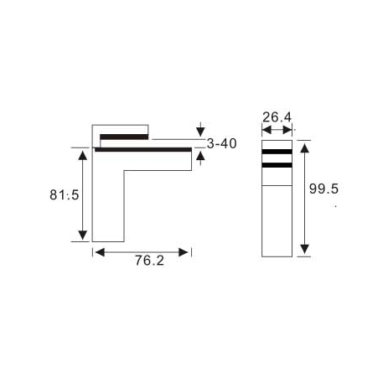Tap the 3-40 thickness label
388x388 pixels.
pyautogui.click(x=221, y=144)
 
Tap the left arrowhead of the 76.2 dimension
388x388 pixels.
pyautogui.click(x=98, y=251)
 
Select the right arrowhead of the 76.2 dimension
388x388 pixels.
pyautogui.click(x=187, y=251)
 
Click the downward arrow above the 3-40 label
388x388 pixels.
pyautogui.click(x=199, y=130)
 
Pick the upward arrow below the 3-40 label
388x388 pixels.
pyautogui.click(x=199, y=155)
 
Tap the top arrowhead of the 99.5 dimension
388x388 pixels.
pyautogui.click(x=303, y=147)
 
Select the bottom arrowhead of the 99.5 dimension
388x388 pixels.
pyautogui.click(x=303, y=248)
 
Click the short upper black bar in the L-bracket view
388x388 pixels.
pyautogui.click(x=124, y=136)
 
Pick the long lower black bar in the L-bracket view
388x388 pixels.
pyautogui.click(x=143, y=150)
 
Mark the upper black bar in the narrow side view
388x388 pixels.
pyautogui.click(x=277, y=153)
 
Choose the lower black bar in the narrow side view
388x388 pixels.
pyautogui.click(x=277, y=166)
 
